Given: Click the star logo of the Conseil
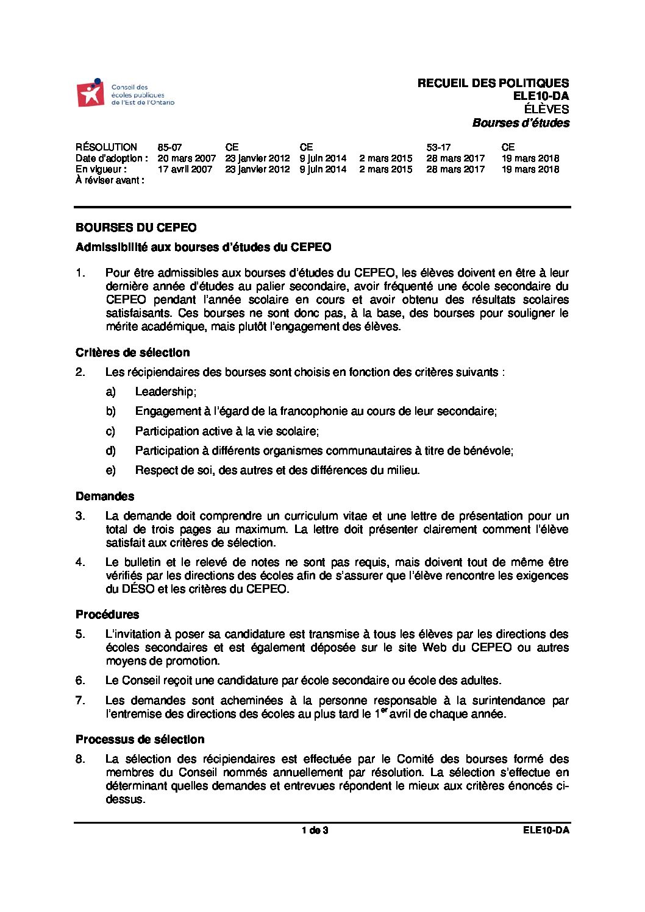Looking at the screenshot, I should coord(91,93).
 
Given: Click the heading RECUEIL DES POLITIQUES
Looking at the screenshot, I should coord(493,83).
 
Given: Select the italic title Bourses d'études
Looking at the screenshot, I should coord(521,123).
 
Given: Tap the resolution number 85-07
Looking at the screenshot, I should coord(169,147).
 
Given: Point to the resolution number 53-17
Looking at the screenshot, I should coord(438,147).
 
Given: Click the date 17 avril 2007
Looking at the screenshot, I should coord(185,169).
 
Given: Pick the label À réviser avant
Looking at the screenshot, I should coord(110,180).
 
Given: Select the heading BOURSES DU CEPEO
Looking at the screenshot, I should coord(136,228).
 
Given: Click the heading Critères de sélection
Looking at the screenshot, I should coord(132,353).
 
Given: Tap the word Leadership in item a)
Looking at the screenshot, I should coord(165,392).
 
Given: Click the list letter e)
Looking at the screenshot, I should coord(110,470).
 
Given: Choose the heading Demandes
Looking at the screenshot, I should coord(105,497).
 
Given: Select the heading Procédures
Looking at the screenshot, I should coord(107,614).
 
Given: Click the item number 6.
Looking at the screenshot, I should coord(80,680).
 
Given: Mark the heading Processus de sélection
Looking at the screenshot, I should coord(140,740).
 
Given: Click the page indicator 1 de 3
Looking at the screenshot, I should coord(315,830).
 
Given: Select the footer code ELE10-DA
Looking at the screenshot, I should coord(546,830).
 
